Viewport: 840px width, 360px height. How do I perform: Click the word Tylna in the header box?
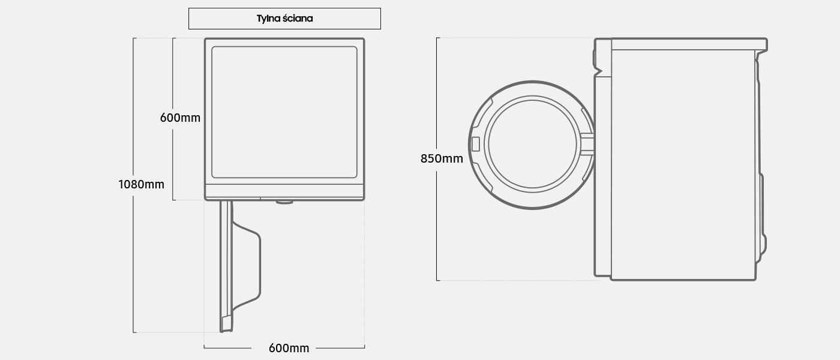click(x=270, y=19)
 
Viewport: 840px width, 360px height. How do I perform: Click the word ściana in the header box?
click(x=299, y=19)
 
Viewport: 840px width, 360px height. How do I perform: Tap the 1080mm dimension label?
click(x=141, y=184)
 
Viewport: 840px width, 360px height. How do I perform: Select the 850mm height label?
click(x=442, y=159)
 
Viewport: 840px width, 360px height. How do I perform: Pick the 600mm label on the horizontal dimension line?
click(x=289, y=348)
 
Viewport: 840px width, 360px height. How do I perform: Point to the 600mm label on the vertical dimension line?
click(x=180, y=118)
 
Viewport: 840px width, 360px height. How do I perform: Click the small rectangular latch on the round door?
click(x=476, y=145)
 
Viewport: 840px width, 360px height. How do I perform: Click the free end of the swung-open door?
click(x=225, y=325)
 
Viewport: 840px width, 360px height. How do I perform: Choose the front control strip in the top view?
click(x=284, y=191)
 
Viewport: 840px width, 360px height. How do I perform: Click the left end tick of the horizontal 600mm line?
click(x=204, y=347)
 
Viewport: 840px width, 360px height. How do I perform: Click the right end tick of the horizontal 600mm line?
click(x=365, y=347)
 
